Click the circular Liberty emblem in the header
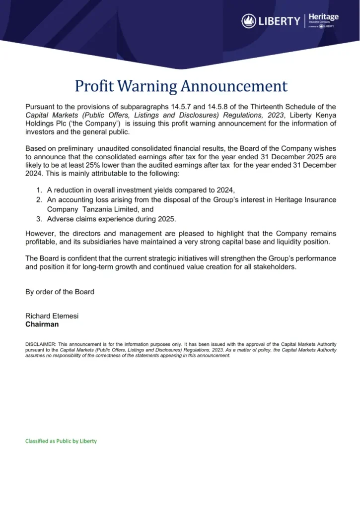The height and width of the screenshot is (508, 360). pos(249,21)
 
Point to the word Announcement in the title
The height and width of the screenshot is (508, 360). pos(233,86)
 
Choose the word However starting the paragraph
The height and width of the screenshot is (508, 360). pos(40,233)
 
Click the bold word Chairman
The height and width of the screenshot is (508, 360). pos(42,324)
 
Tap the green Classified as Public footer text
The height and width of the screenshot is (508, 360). pos(61,441)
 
